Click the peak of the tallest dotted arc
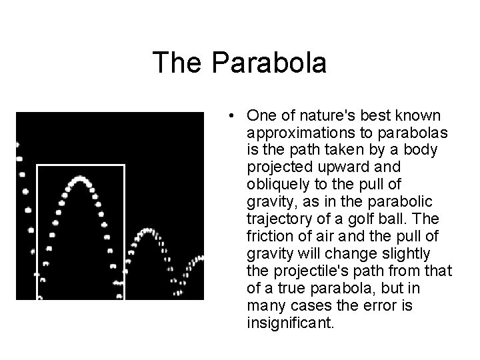point(81,179)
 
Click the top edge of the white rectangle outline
point(80,164)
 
